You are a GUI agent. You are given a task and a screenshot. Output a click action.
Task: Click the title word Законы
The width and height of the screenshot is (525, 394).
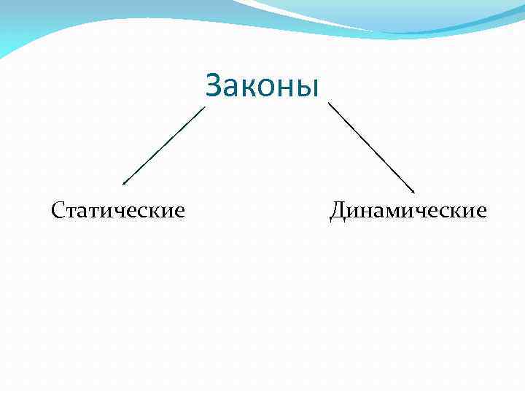[262, 85]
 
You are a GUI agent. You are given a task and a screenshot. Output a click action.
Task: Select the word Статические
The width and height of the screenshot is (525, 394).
[118, 211]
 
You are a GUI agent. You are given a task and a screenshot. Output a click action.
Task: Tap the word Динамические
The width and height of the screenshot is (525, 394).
[408, 211]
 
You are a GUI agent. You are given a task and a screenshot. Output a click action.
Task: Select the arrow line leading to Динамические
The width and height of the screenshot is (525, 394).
[372, 147]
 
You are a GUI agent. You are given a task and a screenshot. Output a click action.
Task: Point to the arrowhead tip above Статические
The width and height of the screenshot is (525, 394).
[123, 184]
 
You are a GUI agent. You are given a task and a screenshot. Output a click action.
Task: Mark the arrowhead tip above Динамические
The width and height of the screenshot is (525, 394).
[413, 192]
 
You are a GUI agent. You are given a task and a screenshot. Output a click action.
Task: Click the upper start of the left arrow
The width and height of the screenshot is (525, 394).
[205, 108]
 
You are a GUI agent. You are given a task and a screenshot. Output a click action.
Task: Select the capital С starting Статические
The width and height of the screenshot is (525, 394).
[58, 211]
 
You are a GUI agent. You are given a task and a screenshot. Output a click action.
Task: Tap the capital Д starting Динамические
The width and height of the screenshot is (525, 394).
[338, 211]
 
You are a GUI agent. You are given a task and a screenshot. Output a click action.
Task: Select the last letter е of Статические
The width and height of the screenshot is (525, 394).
[179, 212]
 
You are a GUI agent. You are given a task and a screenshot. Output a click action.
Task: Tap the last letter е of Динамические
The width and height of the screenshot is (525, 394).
[481, 212]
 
